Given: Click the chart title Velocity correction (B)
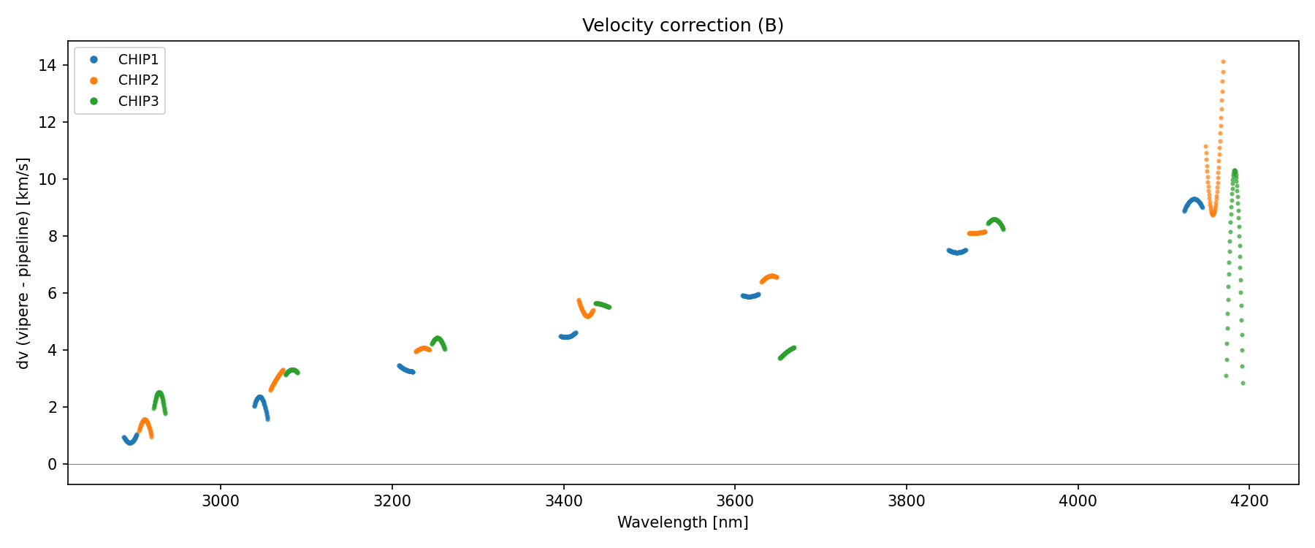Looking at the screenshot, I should [682, 26].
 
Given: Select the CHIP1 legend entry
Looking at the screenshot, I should [138, 59].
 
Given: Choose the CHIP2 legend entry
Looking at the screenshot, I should [138, 80].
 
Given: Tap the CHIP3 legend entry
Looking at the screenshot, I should [138, 102].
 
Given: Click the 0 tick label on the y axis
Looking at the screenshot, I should [53, 465].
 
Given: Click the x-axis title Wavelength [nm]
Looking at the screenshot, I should [682, 522].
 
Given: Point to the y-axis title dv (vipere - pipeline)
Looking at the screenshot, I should [23, 263].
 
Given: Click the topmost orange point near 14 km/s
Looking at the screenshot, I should [1223, 62].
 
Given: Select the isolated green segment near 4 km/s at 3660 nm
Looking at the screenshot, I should [787, 353].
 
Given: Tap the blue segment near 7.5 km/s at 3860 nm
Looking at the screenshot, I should [957, 252].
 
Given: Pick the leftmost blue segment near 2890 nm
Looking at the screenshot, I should [130, 441].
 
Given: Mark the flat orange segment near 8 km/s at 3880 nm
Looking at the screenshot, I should [977, 233].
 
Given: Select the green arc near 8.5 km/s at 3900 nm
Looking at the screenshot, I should [995, 221].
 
